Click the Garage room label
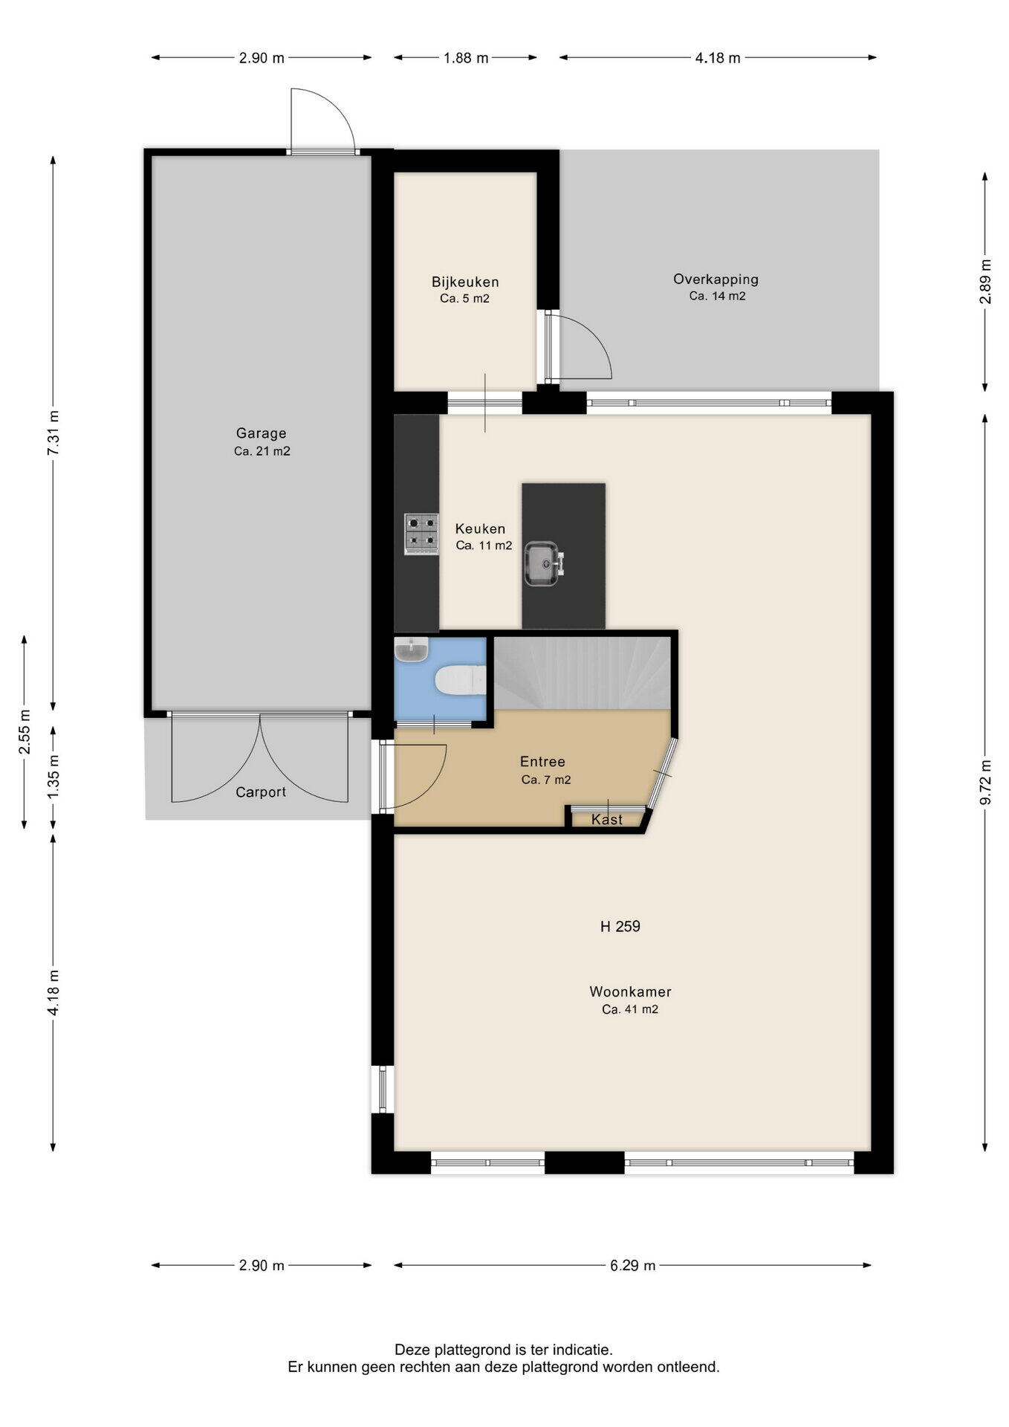point(261,433)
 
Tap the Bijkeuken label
point(465,282)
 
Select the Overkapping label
point(716,279)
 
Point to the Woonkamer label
point(630,991)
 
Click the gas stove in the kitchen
point(421,534)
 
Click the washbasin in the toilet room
point(412,650)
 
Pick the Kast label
point(607,819)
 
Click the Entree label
point(542,762)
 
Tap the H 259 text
point(620,926)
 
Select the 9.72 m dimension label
point(985,781)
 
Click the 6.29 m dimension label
point(632,1265)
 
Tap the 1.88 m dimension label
point(466,58)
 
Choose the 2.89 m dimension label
point(985,280)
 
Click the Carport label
point(261,792)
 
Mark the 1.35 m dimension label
point(53,777)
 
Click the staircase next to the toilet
point(583,673)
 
